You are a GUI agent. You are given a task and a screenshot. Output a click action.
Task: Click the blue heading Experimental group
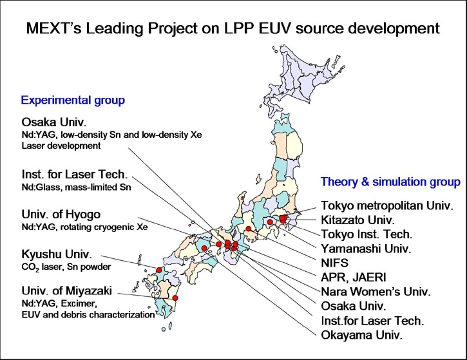point(73,100)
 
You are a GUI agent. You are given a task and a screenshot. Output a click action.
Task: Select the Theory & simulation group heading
point(390,182)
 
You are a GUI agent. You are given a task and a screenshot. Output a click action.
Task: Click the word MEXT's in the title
point(54,28)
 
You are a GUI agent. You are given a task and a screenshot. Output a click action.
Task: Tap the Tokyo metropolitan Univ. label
point(387,205)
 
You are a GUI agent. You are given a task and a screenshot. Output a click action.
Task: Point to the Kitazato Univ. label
point(357,220)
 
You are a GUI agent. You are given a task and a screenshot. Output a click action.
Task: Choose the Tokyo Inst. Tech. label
point(367,234)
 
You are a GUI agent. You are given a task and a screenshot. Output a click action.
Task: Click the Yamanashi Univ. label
point(366,249)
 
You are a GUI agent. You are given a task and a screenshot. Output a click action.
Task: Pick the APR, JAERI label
point(353,277)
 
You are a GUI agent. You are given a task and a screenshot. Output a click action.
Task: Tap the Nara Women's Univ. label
point(376,292)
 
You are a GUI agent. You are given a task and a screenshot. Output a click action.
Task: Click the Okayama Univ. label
point(361,336)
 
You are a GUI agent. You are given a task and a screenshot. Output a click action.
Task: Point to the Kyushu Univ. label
point(57,254)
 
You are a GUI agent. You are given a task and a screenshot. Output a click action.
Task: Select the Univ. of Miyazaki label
point(67,290)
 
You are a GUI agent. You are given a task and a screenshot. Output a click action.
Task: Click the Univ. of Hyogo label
point(61,214)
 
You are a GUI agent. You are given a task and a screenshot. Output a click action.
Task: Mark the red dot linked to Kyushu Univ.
point(159,270)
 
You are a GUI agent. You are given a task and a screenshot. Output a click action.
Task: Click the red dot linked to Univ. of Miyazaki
point(175,298)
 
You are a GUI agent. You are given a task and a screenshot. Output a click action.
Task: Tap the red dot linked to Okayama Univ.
point(204,249)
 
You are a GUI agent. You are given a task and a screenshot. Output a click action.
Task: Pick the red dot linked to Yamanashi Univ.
point(270,222)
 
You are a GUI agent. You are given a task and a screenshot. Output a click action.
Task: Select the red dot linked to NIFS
point(249,229)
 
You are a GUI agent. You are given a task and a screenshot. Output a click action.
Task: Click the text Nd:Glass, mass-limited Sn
point(76,187)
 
